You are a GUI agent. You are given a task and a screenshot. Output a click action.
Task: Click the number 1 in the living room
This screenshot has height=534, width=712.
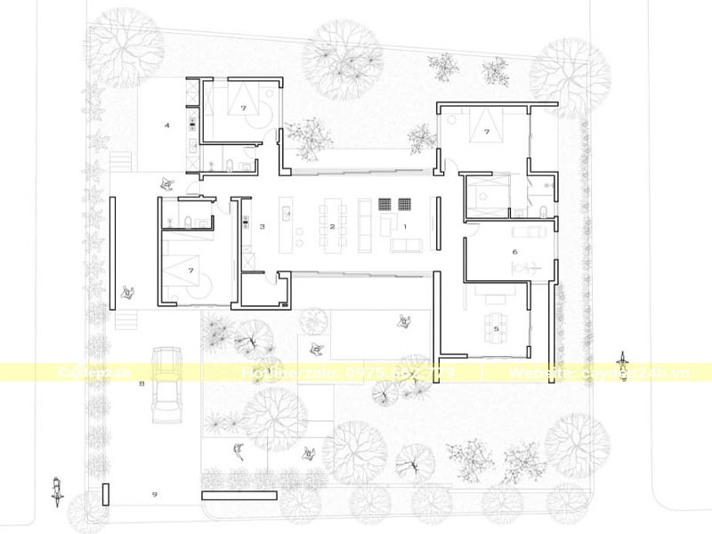(405, 227)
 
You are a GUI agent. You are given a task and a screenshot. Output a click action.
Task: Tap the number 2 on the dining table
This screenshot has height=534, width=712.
(332, 227)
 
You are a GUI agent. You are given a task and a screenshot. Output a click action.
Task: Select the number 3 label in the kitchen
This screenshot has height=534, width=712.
(262, 227)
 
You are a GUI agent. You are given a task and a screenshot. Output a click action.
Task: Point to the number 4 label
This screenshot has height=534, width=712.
(166, 125)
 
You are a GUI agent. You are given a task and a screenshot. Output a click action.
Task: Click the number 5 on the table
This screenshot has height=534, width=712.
(497, 328)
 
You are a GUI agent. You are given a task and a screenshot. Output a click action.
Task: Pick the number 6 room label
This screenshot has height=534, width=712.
(514, 252)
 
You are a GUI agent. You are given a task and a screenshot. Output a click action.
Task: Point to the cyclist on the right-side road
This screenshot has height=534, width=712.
(626, 365)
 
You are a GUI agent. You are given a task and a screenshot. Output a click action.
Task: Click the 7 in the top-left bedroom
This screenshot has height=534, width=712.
(241, 107)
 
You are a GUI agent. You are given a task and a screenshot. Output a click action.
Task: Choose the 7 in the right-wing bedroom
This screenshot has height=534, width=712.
(487, 132)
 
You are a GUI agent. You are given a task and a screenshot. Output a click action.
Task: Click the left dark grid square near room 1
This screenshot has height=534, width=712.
(386, 203)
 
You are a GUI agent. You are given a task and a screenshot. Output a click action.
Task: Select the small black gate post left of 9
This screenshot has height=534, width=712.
(106, 495)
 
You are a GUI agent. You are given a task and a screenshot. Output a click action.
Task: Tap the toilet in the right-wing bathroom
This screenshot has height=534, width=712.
(542, 210)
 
